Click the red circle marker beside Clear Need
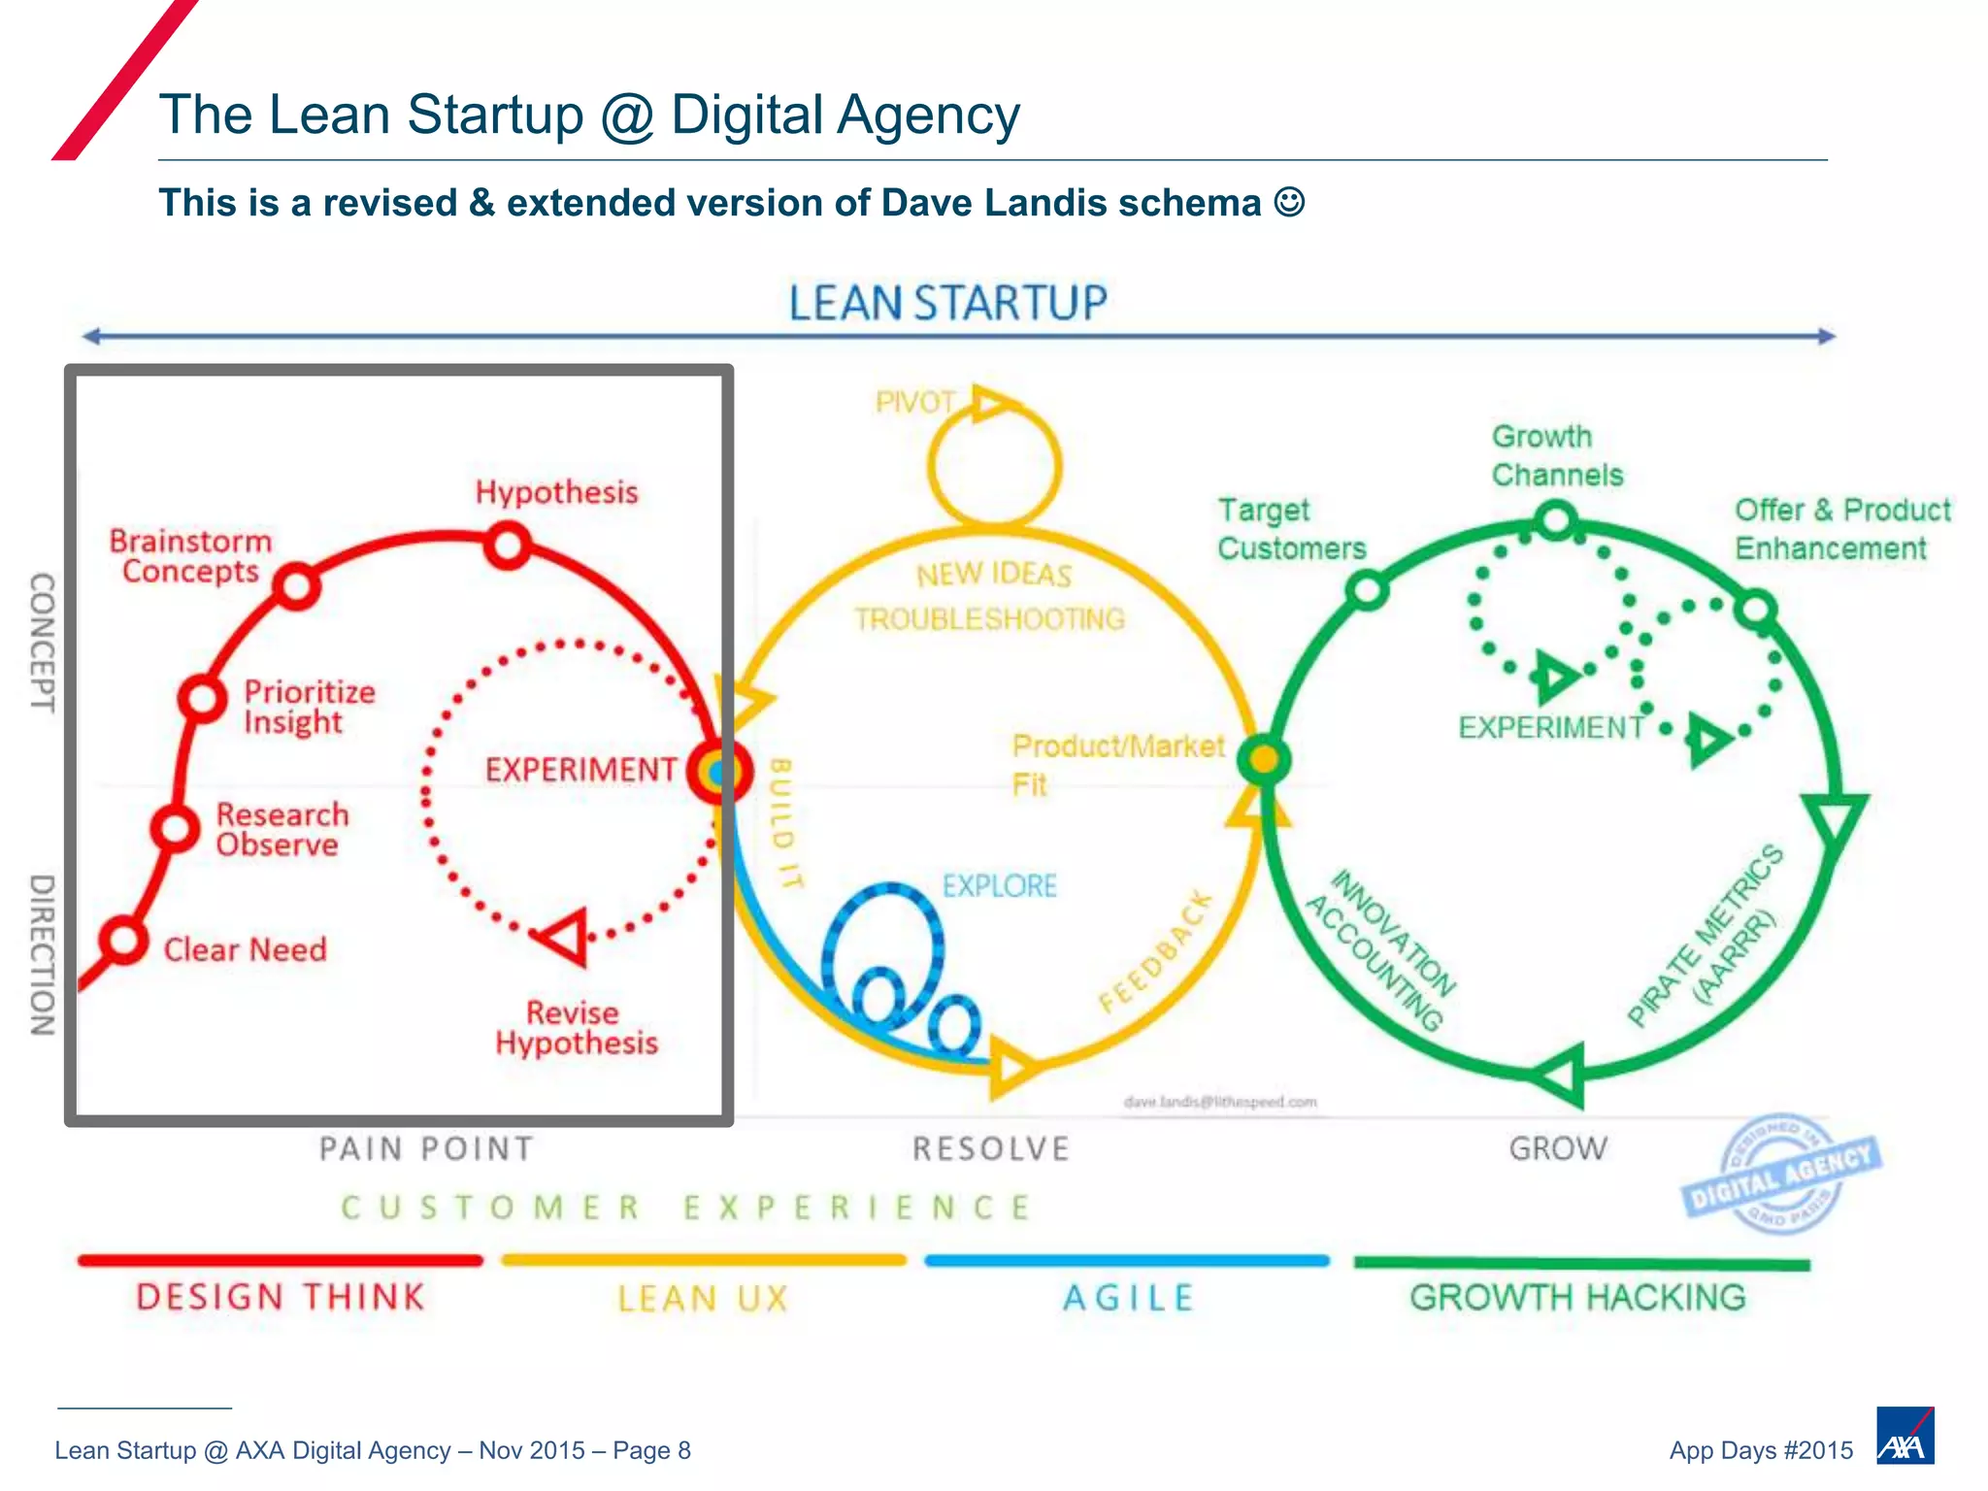[124, 940]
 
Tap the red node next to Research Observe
[175, 828]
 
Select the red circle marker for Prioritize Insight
[202, 697]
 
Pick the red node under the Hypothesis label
[508, 545]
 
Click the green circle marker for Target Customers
[1367, 589]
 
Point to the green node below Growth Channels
[1556, 519]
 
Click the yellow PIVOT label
[914, 402]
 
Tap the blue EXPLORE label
[999, 885]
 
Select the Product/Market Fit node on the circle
[1263, 758]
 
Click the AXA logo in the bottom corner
[1905, 1436]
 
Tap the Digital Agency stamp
[1781, 1175]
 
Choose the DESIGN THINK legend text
[281, 1297]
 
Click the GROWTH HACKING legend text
[1577, 1297]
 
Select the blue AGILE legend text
[1128, 1298]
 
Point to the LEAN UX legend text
[703, 1298]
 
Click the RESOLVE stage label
[990, 1148]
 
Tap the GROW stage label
[1558, 1148]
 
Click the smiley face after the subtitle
[1289, 202]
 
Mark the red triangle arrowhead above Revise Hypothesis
[565, 937]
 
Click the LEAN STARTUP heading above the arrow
[947, 303]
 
